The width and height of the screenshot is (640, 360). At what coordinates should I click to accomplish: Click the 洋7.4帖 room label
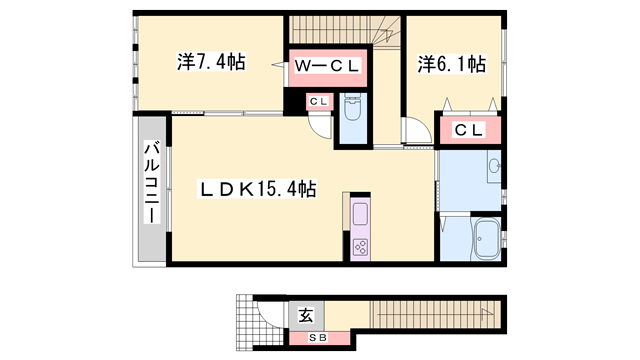click(x=211, y=62)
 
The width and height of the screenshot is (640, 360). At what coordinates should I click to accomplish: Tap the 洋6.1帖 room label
click(x=451, y=64)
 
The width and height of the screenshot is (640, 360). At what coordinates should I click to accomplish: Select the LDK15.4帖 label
click(x=258, y=189)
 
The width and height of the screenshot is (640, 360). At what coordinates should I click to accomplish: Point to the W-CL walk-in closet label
click(x=327, y=66)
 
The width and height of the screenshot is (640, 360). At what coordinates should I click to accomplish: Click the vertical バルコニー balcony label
click(x=151, y=182)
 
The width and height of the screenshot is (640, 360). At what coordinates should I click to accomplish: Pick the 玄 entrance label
click(x=307, y=315)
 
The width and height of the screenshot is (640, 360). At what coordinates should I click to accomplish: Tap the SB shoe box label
click(x=318, y=338)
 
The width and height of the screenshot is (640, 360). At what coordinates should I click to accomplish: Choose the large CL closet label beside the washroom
click(x=469, y=130)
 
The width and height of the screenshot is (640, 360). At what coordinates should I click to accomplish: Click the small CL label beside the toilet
click(x=319, y=102)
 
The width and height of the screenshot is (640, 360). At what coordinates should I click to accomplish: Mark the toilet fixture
click(x=351, y=108)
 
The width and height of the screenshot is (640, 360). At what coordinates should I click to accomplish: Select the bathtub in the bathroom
click(x=485, y=238)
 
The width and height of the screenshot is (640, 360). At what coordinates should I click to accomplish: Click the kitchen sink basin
click(x=360, y=214)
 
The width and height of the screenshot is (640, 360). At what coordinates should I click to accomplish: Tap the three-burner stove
click(x=360, y=247)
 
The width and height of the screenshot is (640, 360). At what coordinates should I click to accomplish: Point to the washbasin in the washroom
click(x=495, y=166)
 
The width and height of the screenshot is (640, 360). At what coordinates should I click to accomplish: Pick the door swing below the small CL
click(x=321, y=126)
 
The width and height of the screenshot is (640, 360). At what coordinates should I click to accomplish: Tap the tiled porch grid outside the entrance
click(x=254, y=322)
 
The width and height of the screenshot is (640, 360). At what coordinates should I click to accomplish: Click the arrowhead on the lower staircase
click(x=485, y=313)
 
